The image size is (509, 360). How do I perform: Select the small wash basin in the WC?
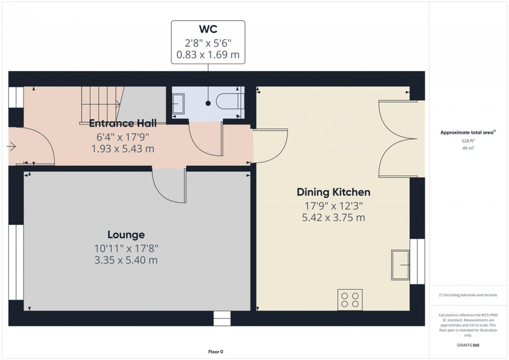tap(178, 104)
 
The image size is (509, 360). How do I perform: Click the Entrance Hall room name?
tap(123, 123)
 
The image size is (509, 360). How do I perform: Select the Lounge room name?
tap(126, 234)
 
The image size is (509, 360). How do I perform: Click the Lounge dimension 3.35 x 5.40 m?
tap(126, 260)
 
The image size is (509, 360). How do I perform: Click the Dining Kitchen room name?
tap(333, 192)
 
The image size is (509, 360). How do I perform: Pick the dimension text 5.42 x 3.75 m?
tap(333, 218)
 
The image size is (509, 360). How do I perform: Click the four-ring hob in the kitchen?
tap(349, 300)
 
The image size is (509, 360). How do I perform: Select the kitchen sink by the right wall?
tap(401, 265)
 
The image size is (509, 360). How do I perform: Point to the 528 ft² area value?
tap(468, 141)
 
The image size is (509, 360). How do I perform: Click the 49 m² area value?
tap(468, 148)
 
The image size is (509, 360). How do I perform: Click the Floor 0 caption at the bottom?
tap(216, 352)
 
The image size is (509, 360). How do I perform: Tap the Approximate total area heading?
tap(467, 132)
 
